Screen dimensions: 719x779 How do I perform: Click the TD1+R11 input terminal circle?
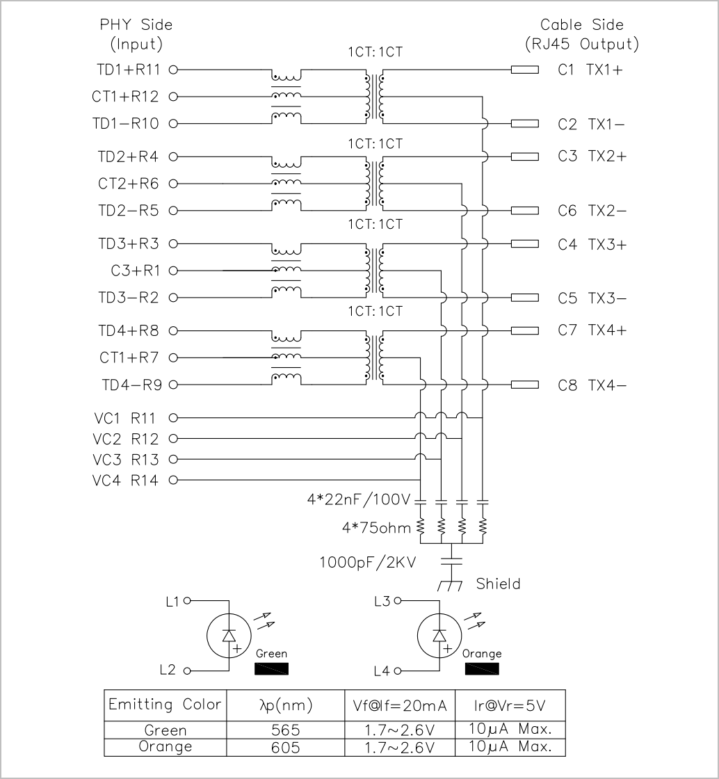(173, 70)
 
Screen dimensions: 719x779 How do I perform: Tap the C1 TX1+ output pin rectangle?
(525, 70)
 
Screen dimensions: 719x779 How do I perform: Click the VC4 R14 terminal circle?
(173, 480)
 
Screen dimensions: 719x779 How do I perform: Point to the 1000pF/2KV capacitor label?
(367, 563)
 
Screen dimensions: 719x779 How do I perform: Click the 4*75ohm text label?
(376, 528)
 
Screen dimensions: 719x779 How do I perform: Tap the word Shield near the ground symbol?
(498, 584)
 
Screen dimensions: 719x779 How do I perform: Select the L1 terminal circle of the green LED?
(187, 601)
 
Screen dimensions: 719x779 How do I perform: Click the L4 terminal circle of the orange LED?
(397, 671)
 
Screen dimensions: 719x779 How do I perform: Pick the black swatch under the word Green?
(271, 668)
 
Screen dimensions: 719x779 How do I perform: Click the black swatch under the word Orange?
(482, 668)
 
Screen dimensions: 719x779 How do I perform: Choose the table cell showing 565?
(286, 730)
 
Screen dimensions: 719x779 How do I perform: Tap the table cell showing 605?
(286, 747)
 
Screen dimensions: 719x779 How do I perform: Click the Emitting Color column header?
(165, 705)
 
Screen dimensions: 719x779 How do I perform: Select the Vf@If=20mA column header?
(400, 705)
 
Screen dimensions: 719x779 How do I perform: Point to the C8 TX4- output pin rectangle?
(525, 385)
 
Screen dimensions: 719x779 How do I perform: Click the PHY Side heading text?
(136, 25)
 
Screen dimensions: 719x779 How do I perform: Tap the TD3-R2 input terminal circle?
(173, 298)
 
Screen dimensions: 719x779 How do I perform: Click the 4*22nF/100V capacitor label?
(359, 499)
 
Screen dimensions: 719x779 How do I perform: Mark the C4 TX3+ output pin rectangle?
(525, 243)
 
